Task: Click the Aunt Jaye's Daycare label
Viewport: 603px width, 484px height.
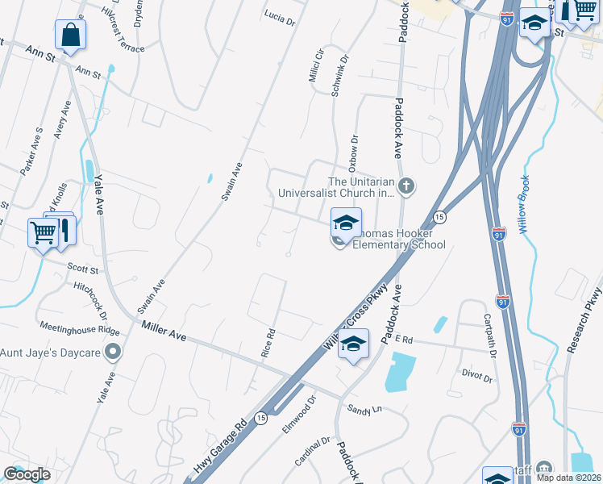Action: point(51,353)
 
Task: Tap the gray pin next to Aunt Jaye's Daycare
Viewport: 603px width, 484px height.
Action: point(113,352)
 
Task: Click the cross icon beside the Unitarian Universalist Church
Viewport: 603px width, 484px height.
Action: point(407,187)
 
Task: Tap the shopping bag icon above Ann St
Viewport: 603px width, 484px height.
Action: point(70,35)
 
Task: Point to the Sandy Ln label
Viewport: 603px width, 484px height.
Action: point(364,409)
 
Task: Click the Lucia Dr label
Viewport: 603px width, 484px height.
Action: point(280,18)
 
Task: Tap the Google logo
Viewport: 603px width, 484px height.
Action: point(27,474)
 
